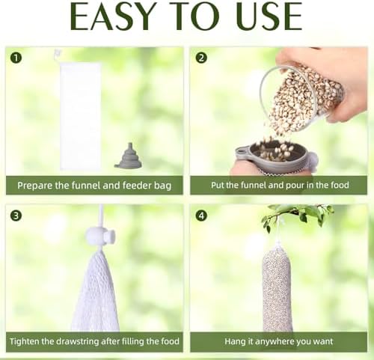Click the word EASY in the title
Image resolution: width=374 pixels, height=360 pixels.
pyautogui.click(x=111, y=16)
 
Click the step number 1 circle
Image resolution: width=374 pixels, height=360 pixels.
pyautogui.click(x=16, y=58)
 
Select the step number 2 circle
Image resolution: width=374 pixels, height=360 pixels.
pyautogui.click(x=201, y=58)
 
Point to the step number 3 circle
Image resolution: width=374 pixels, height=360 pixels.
pyautogui.click(x=16, y=216)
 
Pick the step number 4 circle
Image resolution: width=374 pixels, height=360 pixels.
pyautogui.click(x=201, y=216)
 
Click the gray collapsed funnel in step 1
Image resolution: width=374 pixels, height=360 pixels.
pyautogui.click(x=129, y=156)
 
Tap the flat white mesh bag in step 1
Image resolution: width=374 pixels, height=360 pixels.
pyautogui.click(x=80, y=115)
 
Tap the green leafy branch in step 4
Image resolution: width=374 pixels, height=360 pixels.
pyautogui.click(x=297, y=214)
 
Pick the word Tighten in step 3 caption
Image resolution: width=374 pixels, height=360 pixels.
pyautogui.click(x=24, y=341)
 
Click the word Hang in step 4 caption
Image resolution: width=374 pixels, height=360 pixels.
pyautogui.click(x=234, y=341)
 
